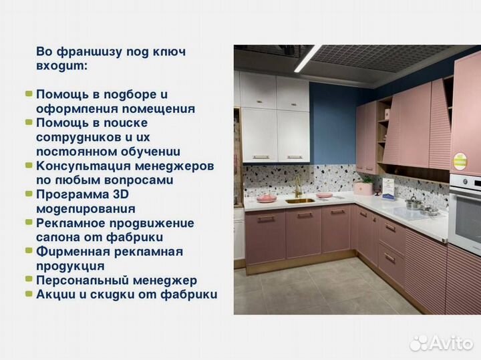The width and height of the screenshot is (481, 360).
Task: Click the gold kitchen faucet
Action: (298, 187)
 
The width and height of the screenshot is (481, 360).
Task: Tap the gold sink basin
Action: (300, 200)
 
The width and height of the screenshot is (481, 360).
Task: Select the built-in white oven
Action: (465, 207)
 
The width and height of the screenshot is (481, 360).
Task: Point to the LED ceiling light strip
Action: (308, 59)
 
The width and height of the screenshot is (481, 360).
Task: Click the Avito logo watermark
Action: (442, 343)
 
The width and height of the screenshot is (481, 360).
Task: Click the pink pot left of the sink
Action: (267, 198)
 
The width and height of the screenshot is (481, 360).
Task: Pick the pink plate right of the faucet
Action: (325, 195)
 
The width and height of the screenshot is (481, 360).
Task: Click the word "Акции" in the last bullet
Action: (55, 295)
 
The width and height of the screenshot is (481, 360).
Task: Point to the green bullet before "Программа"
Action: (29, 194)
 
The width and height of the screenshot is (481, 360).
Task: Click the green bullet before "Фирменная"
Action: (29, 251)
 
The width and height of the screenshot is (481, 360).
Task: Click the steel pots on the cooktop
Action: (418, 205)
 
